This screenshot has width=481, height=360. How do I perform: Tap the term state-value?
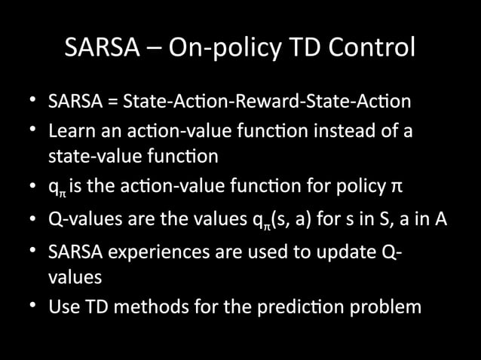91,156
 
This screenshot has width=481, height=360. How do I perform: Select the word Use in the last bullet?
63,307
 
